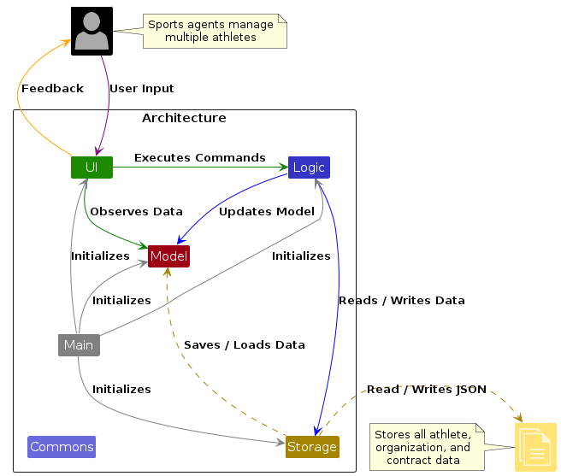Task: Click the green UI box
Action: (x=92, y=167)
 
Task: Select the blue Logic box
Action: (x=309, y=167)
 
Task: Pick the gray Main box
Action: (x=79, y=345)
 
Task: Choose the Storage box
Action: (x=312, y=447)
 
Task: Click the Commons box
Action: (x=62, y=447)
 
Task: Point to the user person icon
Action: (x=92, y=32)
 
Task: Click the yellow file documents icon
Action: (x=535, y=447)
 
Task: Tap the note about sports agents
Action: (x=211, y=31)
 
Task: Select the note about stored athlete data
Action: (x=423, y=447)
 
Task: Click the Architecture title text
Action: (x=184, y=118)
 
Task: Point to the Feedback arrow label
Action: (x=52, y=88)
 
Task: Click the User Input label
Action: (x=141, y=88)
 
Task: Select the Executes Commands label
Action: (x=199, y=157)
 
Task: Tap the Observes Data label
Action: (x=136, y=211)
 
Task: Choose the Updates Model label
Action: (x=267, y=211)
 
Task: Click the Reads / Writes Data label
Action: (x=402, y=300)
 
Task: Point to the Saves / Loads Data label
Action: (x=245, y=344)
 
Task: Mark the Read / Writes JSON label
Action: (x=427, y=389)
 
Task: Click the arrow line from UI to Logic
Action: (x=200, y=167)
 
